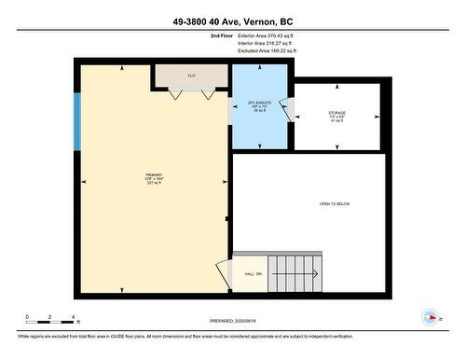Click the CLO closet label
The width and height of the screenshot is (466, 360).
(x=190, y=75)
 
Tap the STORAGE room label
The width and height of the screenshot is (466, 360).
(x=336, y=116)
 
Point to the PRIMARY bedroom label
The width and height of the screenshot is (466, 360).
(x=154, y=178)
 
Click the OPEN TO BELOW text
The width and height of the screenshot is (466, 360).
(x=335, y=204)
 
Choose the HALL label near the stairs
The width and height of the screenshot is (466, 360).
(x=253, y=273)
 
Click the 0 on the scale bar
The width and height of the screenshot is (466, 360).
(x=28, y=318)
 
